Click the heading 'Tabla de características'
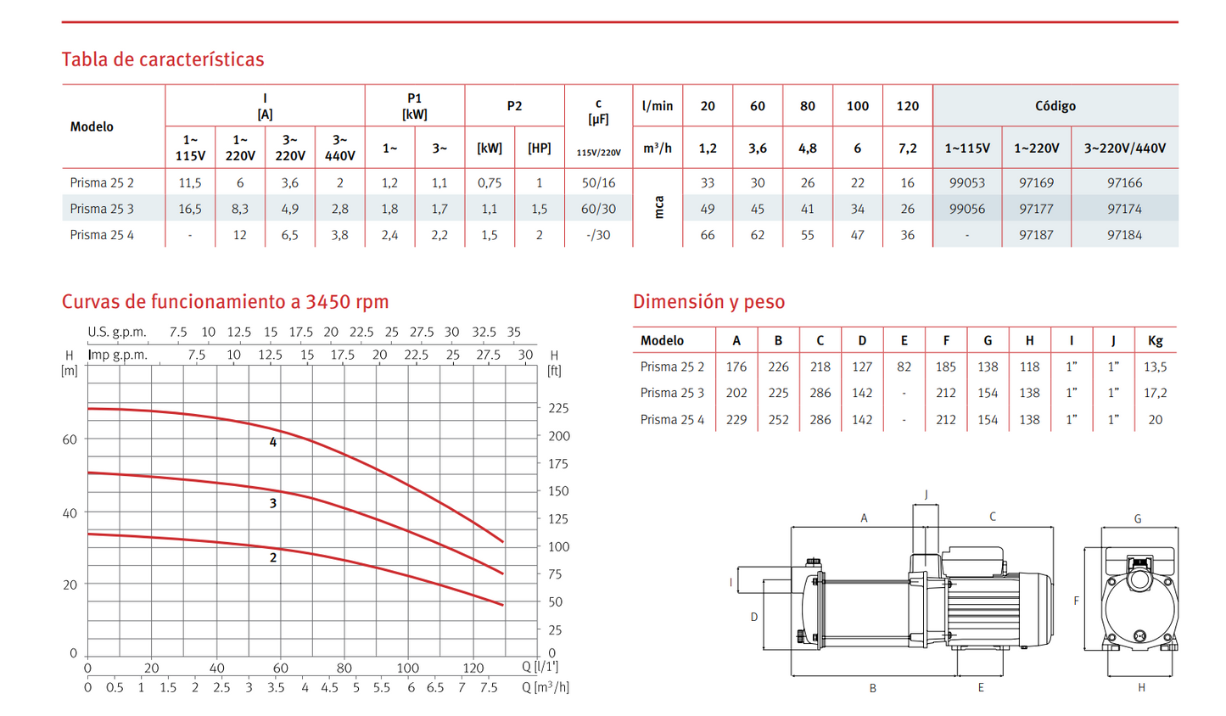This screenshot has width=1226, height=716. [x=163, y=59]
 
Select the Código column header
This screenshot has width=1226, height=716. [x=1055, y=106]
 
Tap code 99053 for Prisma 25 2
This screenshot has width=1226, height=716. [x=967, y=183]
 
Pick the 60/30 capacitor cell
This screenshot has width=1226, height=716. [x=598, y=209]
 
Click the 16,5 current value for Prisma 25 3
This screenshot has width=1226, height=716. [x=190, y=209]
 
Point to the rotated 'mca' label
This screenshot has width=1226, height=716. [x=659, y=208]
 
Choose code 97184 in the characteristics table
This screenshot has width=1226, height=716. [x=1124, y=235]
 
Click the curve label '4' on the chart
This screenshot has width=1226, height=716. [x=273, y=442]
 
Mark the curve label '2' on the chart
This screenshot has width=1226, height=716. [x=273, y=557]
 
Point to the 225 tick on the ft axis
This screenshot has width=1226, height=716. [x=559, y=408]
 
